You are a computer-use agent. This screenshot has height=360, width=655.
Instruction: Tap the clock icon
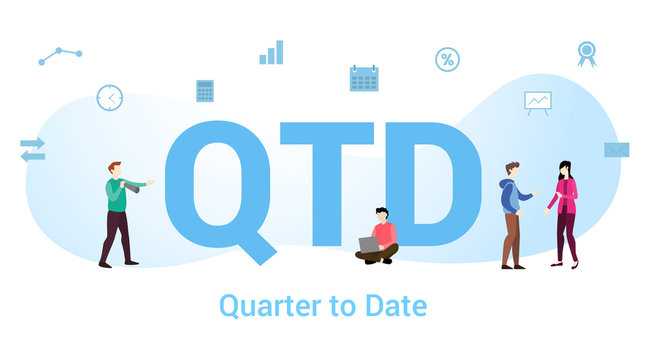pos(109,97)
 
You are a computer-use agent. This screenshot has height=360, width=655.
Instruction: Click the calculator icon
pos(205,91)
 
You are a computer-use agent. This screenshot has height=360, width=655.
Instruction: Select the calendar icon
pos(364,78)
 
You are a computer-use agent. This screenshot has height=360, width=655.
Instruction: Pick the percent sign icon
pos(447,60)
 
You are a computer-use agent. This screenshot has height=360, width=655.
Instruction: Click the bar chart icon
pos(271,53)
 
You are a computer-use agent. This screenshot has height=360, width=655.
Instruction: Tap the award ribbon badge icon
pos(586,53)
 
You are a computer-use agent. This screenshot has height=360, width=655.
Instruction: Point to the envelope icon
pos(616,150)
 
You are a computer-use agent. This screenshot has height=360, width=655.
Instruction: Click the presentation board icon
pos(538,102)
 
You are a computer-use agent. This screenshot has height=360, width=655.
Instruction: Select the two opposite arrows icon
pos(33,149)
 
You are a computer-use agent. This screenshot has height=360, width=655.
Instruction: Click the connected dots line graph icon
pos(60,56)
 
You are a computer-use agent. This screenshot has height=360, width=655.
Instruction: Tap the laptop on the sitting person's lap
pos(369,244)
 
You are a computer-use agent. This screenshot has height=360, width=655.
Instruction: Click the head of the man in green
pos(116,169)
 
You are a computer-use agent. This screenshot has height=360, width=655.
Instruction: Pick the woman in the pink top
pos(565,213)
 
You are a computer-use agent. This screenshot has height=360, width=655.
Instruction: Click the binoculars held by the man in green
pos(132,185)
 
